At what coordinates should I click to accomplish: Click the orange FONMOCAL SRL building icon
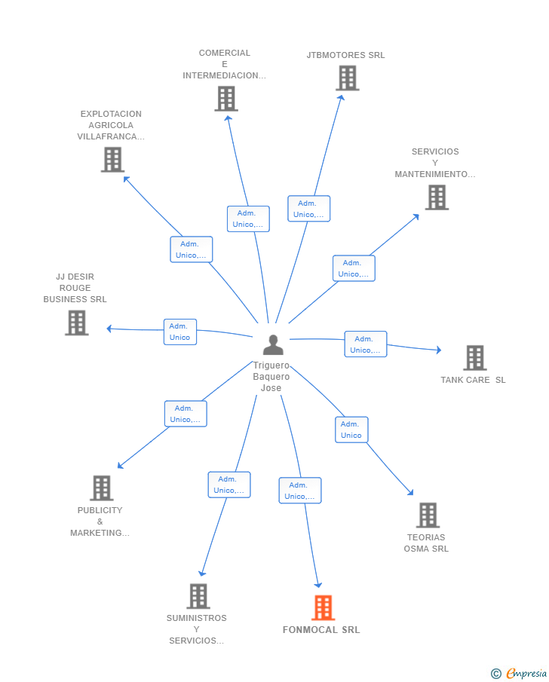tap(323, 607)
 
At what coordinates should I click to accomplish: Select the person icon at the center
tap(274, 344)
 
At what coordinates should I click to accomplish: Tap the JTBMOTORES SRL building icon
tap(348, 78)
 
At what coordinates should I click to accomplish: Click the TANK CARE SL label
tap(473, 380)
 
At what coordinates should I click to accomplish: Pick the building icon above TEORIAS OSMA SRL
tap(428, 515)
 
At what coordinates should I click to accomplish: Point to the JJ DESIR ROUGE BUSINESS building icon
tap(77, 323)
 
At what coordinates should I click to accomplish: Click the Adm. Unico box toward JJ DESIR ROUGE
tap(180, 332)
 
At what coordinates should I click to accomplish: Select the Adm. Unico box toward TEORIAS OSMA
tap(351, 430)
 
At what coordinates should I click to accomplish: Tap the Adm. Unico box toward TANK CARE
tap(366, 344)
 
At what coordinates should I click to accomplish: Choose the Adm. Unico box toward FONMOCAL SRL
tap(300, 490)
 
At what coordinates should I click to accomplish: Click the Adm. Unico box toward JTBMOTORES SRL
tap(308, 208)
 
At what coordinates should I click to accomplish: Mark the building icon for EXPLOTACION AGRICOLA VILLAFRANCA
tap(113, 159)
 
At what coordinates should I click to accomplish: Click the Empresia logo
tap(519, 673)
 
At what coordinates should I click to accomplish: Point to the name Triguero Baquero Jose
tap(271, 376)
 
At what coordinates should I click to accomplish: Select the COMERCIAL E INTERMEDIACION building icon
tap(226, 98)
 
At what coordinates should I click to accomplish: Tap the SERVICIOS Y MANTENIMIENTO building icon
tap(437, 197)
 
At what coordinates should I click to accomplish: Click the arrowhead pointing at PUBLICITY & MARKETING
tap(120, 466)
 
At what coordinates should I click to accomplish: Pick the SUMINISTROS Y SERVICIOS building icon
tap(198, 596)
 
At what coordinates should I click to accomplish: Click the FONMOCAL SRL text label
tap(321, 630)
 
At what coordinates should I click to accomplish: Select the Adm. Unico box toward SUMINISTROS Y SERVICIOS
tap(229, 485)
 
